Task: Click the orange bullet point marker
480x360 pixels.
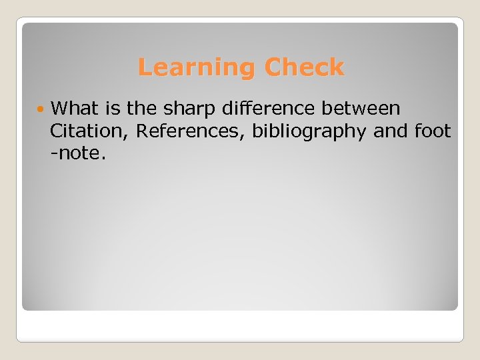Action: click(41, 108)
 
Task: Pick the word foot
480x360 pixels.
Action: click(433, 131)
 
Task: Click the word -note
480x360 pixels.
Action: click(75, 155)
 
